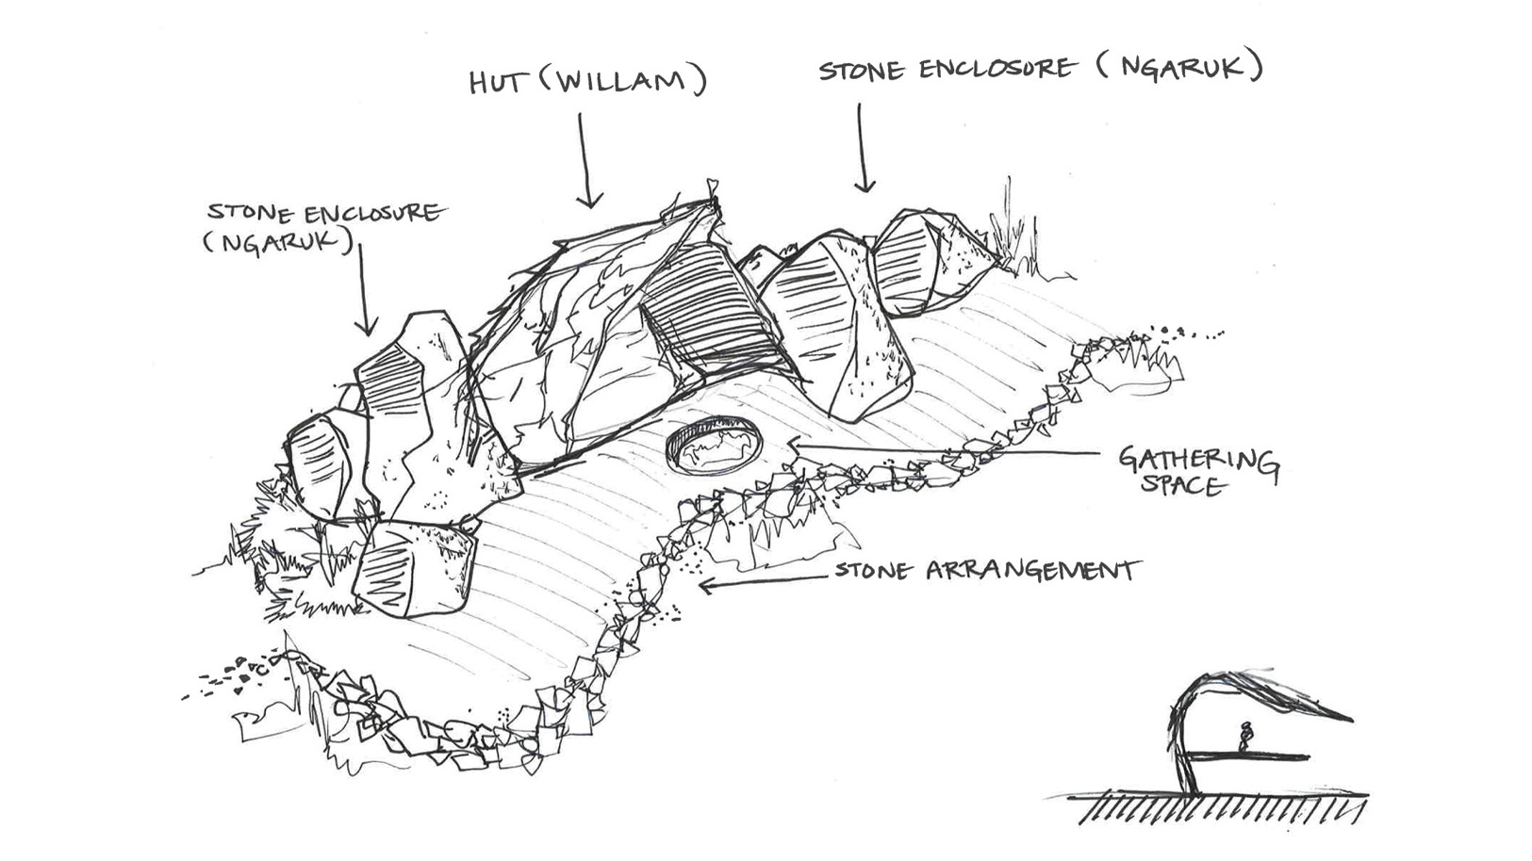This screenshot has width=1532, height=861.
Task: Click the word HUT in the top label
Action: [x=497, y=83]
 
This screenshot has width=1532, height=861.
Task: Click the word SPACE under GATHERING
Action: [x=1182, y=484]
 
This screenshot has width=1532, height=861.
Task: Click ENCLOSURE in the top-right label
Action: [x=996, y=69]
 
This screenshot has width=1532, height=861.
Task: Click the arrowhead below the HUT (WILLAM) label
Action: [x=589, y=200]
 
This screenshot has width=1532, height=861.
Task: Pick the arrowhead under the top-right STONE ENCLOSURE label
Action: [x=865, y=185]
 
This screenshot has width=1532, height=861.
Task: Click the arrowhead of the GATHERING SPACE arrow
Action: [x=796, y=446]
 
